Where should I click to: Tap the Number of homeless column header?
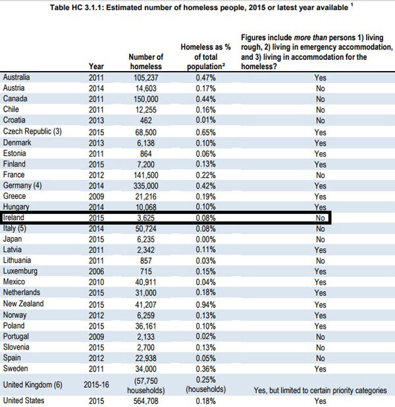pos(146,61)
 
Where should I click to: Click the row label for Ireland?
pos(14,217)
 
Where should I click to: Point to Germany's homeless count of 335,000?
pos(146,186)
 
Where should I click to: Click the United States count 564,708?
pos(146,400)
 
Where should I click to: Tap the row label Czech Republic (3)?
pos(32,132)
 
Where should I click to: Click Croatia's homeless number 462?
pos(146,121)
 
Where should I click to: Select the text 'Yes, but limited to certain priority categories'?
pos(321,390)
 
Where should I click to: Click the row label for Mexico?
pos(15,282)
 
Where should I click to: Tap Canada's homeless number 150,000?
pos(146,99)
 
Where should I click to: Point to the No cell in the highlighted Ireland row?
pos(321,217)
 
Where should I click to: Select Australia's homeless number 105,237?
pos(146,78)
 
